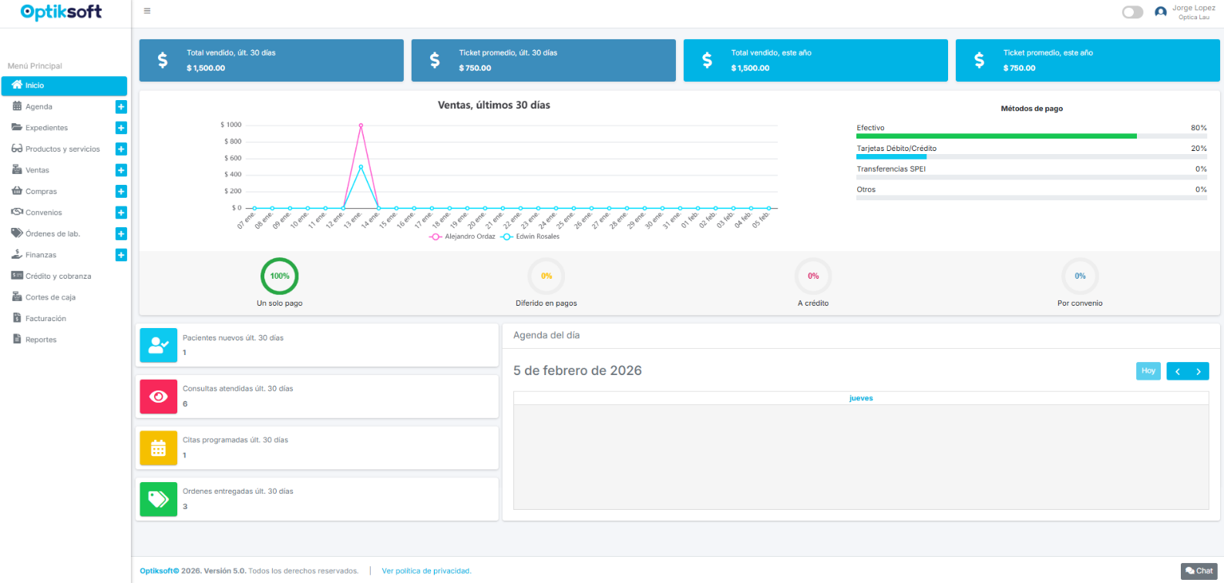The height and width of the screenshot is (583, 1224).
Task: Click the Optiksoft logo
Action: (61, 12)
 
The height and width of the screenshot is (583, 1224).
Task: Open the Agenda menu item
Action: (39, 107)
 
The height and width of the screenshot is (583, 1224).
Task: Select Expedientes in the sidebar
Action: (46, 128)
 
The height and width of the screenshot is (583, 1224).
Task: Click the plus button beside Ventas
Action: (121, 170)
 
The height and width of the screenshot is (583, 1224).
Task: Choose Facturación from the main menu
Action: (45, 319)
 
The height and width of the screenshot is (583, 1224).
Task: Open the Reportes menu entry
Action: (41, 340)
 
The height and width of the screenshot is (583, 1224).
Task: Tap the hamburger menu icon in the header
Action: (147, 12)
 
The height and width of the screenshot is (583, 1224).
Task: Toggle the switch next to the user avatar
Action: (1132, 12)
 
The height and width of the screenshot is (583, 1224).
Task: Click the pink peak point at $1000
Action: (361, 125)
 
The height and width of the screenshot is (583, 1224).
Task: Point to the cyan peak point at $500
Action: (361, 166)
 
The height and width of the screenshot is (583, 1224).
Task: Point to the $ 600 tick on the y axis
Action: (233, 158)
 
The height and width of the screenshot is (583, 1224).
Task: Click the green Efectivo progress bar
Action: (996, 136)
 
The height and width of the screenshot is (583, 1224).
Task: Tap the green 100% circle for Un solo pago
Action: (280, 276)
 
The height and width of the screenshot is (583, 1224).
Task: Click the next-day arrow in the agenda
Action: (1199, 371)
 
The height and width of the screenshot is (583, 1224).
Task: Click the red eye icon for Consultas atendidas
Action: (159, 397)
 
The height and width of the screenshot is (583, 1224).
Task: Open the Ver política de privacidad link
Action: (426, 571)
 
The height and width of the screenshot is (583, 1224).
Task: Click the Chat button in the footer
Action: (1199, 571)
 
